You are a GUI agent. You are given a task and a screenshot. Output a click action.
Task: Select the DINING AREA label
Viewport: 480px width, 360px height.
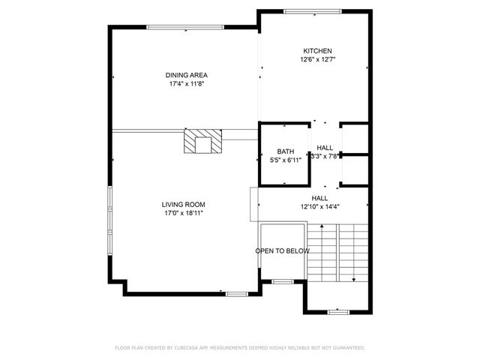click(187, 75)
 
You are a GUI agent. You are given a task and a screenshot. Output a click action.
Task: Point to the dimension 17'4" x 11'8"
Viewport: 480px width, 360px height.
click(187, 84)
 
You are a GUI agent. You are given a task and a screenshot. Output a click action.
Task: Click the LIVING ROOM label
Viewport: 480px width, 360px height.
click(184, 204)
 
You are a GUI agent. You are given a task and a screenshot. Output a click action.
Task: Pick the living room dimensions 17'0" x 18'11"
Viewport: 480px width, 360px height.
click(184, 213)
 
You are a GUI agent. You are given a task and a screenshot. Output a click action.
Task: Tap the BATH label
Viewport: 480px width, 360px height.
click(285, 151)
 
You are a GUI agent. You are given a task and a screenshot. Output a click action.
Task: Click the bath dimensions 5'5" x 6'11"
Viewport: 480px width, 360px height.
click(285, 160)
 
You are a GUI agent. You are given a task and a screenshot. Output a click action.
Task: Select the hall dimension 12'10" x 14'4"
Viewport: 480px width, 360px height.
click(320, 207)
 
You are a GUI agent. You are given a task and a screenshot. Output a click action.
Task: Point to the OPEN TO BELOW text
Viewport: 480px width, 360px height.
click(282, 251)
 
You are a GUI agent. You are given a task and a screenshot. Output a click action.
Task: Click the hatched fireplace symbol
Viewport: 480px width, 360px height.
click(203, 141)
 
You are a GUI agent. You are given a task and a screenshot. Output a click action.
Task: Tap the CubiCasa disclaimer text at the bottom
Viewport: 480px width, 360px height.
click(240, 348)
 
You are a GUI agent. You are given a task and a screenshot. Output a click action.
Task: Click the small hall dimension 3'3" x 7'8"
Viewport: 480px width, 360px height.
click(326, 156)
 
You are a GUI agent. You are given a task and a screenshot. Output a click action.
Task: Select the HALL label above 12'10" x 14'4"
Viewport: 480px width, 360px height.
click(320, 198)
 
